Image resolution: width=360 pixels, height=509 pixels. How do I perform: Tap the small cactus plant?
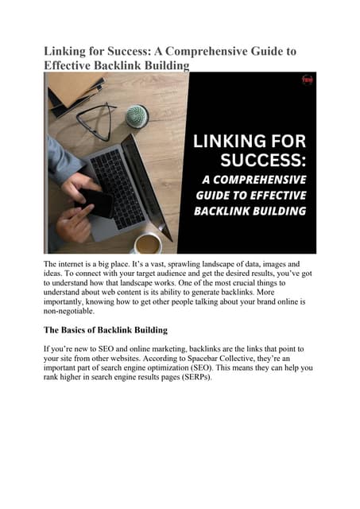137,116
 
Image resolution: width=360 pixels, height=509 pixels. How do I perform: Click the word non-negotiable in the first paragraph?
69,313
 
